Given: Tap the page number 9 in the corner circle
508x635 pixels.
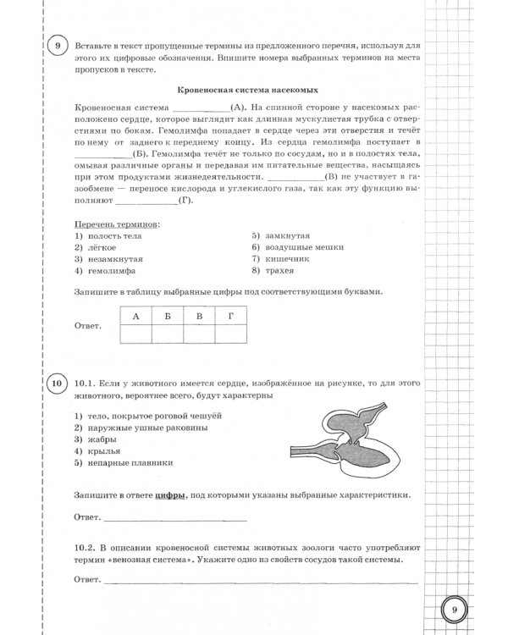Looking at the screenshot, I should click(455, 609).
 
